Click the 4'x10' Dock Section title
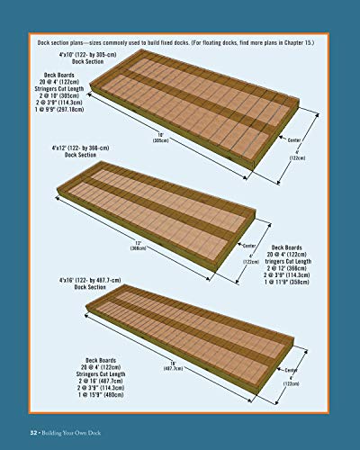point(68,58)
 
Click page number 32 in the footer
point(34,432)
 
